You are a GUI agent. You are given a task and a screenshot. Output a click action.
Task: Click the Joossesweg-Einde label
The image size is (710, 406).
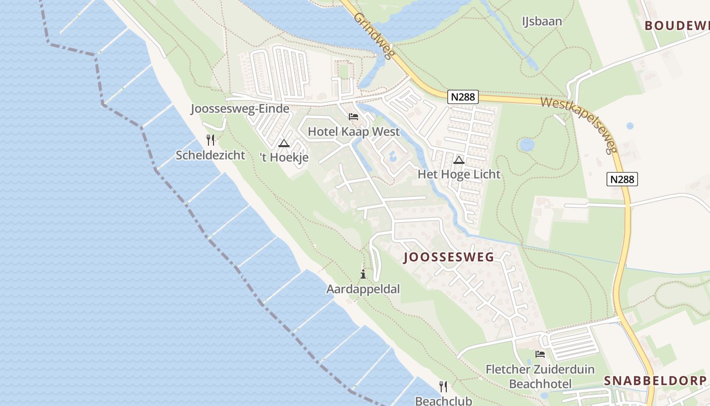coord(240,109)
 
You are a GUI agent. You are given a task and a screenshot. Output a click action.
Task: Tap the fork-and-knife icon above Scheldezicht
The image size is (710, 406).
coord(210,140)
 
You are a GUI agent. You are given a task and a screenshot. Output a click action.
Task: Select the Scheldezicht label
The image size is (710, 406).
coord(210,155)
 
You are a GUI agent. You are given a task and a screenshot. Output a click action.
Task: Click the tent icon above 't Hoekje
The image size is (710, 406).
coord(283,143)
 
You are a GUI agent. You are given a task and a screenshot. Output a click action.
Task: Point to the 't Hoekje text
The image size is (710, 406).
coord(284,158)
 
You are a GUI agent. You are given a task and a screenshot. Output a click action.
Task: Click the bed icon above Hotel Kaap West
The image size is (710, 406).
coord(353,117)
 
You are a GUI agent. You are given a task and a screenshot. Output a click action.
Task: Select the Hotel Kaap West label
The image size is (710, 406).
coord(353,131)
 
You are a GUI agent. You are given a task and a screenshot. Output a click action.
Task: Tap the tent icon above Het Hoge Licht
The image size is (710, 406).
coord(459,160)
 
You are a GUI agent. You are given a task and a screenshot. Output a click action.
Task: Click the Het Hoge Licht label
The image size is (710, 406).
coord(459,174)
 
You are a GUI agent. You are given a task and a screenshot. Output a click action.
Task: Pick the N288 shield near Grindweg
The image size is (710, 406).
coord(463,97)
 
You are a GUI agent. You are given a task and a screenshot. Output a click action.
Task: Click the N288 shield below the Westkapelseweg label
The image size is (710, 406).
coord(622,179)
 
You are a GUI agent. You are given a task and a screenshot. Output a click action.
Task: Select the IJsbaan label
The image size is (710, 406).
coord(542,21)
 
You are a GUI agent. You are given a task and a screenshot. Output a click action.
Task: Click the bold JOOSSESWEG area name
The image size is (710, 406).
coord(448,257)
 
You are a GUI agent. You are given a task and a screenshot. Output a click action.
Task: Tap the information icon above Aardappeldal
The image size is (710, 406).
coord(363,275)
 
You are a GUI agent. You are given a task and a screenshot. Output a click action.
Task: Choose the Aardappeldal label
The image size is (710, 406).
coord(363,289)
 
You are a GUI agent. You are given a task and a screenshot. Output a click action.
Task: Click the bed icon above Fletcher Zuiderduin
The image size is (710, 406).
coord(540,354)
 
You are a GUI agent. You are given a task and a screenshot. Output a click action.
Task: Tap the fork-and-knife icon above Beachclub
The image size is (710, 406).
coord(443,387)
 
